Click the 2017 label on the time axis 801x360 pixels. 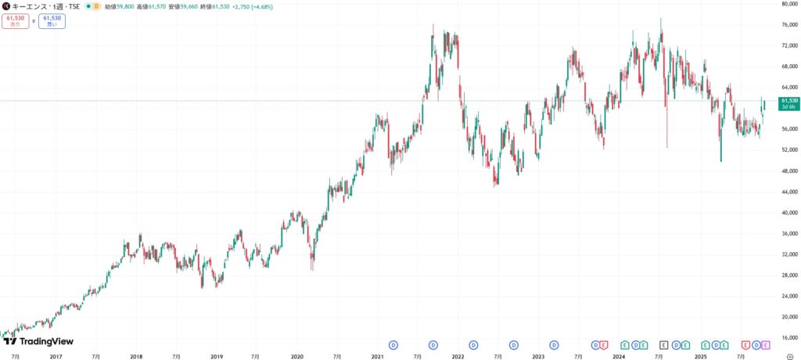tap(56, 356)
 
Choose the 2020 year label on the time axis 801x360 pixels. tap(296, 356)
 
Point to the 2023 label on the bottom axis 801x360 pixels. tap(538, 356)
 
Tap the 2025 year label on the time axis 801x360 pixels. tap(701, 356)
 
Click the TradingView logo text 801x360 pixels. tap(45, 342)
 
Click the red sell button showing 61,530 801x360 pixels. tap(15, 21)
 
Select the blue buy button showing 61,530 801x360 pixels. tap(52, 21)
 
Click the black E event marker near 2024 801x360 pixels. tap(663, 344)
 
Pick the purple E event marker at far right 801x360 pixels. tap(765, 344)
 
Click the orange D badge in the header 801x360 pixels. tap(96, 6)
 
